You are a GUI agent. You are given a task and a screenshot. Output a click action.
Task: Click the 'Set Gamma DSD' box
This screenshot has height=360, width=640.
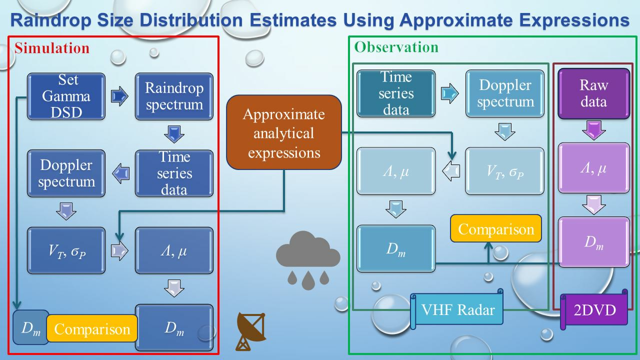(66, 96)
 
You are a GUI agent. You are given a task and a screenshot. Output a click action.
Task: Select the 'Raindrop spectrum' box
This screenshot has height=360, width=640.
(174, 96)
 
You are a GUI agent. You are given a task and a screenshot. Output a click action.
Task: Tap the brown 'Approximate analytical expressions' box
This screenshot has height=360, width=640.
(284, 132)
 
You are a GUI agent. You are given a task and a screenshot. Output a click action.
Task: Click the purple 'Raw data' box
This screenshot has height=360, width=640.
(593, 93)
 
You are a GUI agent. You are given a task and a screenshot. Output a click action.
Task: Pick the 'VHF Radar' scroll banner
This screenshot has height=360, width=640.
(456, 309)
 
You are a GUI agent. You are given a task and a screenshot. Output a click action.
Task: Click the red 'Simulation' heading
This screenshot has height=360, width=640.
(52, 47)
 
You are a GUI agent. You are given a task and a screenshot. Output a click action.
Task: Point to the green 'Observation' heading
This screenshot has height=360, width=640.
(396, 47)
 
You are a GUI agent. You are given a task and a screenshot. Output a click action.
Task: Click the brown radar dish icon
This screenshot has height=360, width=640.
(251, 331)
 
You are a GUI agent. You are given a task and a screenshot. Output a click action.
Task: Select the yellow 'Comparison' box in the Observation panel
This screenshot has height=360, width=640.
(496, 228)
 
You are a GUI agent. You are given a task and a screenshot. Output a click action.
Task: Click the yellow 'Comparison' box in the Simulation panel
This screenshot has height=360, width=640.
(92, 328)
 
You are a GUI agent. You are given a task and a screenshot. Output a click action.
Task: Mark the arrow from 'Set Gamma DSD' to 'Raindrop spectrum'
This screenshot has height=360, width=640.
(119, 96)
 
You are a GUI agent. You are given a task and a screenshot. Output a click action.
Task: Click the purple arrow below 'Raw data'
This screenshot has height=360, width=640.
(593, 130)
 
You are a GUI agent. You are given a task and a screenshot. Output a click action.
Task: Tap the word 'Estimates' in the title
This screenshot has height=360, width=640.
(293, 20)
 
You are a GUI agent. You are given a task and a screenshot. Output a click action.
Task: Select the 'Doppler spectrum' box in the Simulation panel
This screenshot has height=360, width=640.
(66, 173)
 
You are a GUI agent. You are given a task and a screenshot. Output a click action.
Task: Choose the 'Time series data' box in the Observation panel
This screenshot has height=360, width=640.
(396, 93)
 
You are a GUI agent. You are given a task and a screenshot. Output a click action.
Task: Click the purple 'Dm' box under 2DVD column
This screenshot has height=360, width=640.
(593, 242)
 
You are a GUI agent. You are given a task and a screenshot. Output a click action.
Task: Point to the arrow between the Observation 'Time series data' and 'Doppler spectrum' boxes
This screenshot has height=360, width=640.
(449, 93)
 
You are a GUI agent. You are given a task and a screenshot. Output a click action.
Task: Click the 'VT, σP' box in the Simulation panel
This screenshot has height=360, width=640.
(66, 250)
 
